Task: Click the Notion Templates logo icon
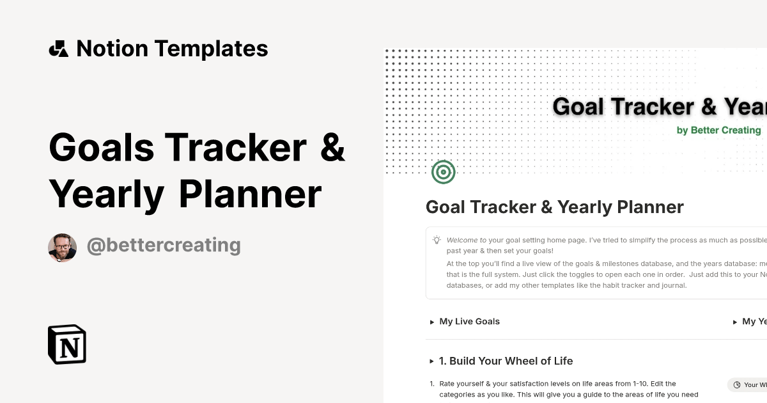58,49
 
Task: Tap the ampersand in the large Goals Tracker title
332,146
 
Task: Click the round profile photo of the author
63,248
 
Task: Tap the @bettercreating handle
164,245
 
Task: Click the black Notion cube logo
67,344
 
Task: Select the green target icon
444,171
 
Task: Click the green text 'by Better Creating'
718,130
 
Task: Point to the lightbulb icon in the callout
437,240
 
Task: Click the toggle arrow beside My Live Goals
432,322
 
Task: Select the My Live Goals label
470,322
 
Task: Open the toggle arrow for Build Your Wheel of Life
432,361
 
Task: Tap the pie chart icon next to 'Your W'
737,385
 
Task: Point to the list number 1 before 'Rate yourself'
431,384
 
